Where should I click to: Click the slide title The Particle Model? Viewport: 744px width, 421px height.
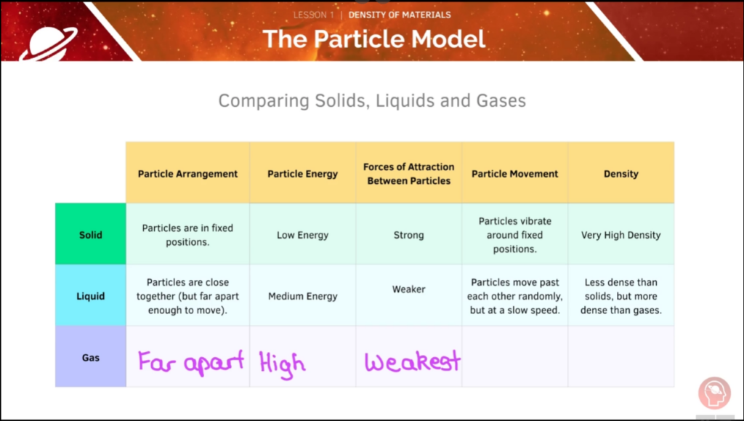click(x=374, y=39)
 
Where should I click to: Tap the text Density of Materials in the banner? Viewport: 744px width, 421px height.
click(x=400, y=15)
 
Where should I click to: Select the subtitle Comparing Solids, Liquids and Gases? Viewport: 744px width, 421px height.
click(x=372, y=100)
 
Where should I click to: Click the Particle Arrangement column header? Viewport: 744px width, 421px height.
click(x=188, y=174)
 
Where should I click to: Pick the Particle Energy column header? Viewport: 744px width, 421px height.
click(x=303, y=174)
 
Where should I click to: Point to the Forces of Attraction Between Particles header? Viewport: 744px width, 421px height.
click(x=408, y=174)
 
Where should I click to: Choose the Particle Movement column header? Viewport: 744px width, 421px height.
click(x=515, y=174)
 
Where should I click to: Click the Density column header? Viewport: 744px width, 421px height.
click(x=620, y=174)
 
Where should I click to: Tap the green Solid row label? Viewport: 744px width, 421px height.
click(x=91, y=234)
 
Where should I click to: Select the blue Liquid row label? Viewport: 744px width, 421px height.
click(x=91, y=296)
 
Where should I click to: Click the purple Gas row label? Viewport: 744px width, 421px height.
click(x=91, y=357)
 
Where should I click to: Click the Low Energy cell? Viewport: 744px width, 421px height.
click(x=303, y=235)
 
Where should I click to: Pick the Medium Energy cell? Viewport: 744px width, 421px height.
click(x=303, y=296)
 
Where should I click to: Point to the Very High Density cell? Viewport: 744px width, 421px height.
click(x=620, y=235)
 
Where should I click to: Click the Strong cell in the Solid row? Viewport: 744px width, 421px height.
click(x=408, y=235)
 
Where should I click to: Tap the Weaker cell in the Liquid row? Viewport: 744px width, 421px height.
click(x=408, y=289)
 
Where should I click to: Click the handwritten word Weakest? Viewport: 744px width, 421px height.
click(x=413, y=361)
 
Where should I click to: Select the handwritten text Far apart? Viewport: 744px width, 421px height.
click(x=191, y=362)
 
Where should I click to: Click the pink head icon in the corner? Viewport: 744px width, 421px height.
click(x=714, y=393)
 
